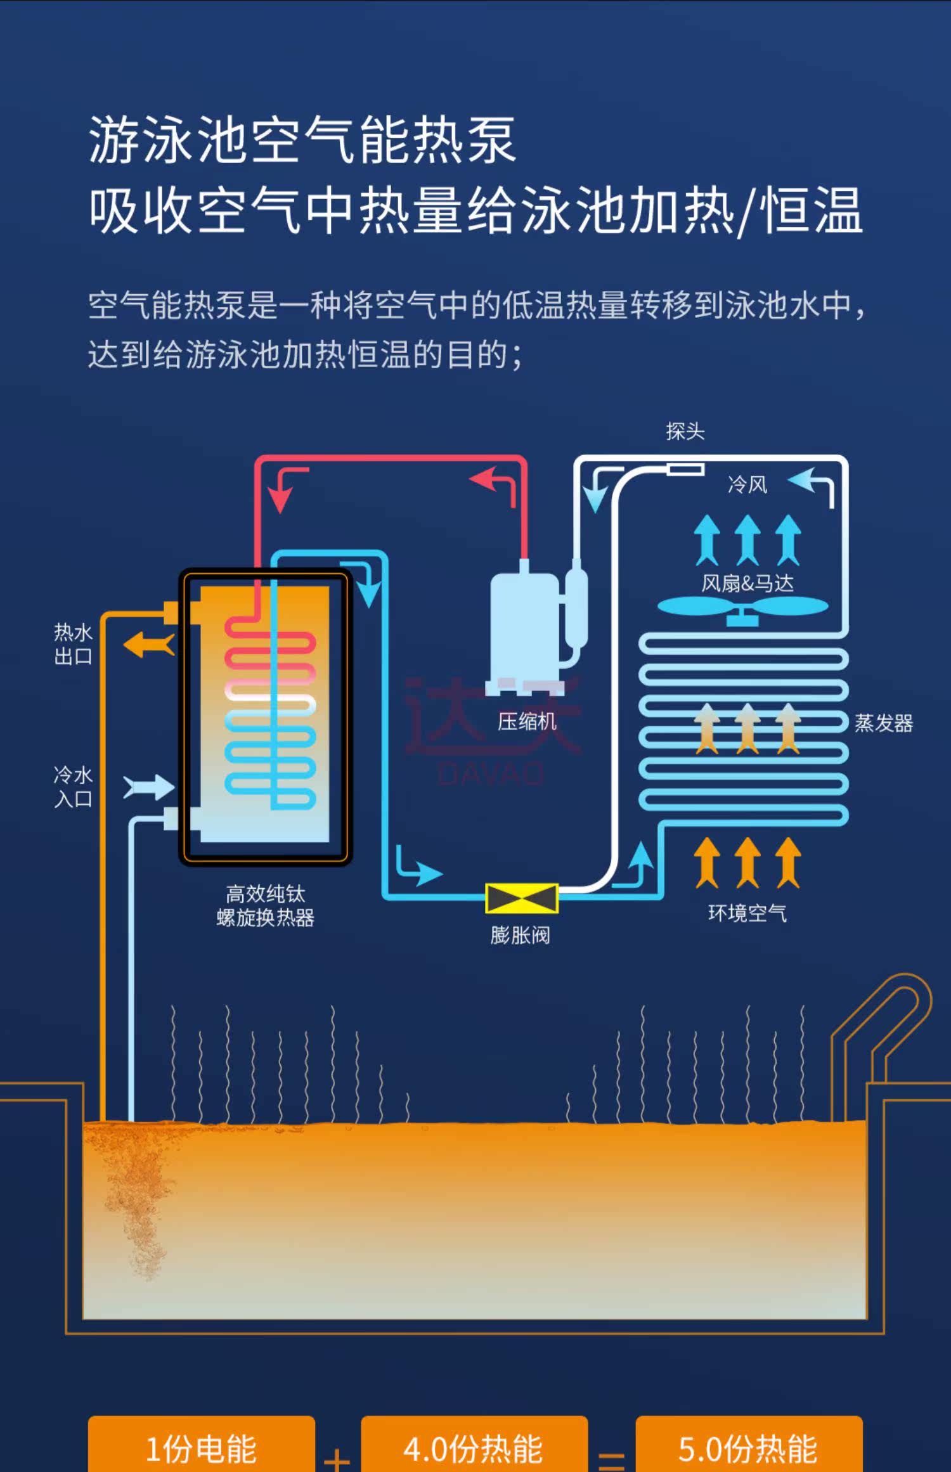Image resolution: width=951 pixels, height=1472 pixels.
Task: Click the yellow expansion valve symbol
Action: tap(521, 898)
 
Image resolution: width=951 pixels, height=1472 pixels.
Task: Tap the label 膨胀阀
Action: tap(520, 935)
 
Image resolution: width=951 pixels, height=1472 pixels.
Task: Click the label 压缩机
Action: tap(526, 721)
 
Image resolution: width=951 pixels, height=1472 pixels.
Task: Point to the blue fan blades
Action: tap(742, 607)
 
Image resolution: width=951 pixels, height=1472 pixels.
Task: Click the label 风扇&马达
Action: tap(747, 583)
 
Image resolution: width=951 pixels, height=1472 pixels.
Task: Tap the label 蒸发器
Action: tap(883, 723)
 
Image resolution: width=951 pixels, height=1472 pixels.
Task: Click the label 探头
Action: tap(685, 432)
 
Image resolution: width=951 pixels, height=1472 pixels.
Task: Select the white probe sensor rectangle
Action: tap(685, 469)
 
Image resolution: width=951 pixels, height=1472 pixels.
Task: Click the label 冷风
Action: tap(747, 485)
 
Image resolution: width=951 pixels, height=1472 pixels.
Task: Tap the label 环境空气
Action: tap(747, 913)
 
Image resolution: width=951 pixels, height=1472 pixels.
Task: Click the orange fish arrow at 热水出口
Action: tap(149, 645)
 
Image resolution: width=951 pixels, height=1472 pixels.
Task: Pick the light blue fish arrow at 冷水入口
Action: tap(148, 787)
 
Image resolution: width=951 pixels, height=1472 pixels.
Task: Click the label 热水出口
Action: tap(73, 644)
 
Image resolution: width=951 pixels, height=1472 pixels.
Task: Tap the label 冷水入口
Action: tap(73, 787)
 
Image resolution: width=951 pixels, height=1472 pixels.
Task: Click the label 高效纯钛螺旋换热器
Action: tap(265, 905)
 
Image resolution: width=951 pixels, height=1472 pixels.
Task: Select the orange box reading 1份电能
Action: tap(201, 1448)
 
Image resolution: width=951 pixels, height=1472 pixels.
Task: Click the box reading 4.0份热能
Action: tap(474, 1448)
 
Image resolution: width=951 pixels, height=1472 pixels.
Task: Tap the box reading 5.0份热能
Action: tap(748, 1448)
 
